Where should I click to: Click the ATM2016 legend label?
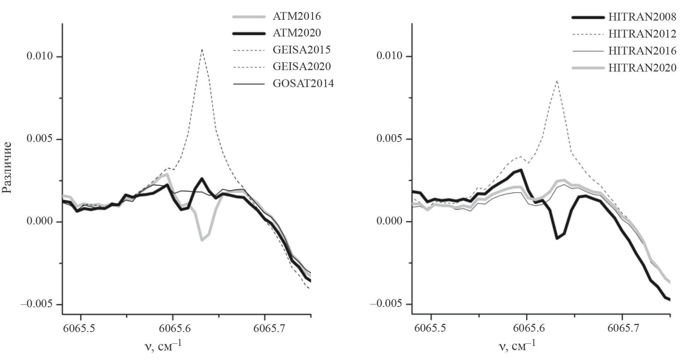296,16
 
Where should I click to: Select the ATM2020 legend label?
296,33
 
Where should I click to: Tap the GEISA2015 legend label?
301,50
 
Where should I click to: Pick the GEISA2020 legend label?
301,66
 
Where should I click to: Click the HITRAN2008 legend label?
642,17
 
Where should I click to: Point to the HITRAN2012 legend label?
642,34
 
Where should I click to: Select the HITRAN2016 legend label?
642,51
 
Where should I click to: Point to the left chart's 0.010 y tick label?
40,57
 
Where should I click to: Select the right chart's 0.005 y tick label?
390,139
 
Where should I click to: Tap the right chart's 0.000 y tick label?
390,222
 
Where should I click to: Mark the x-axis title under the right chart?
517,345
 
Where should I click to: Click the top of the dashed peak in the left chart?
202,50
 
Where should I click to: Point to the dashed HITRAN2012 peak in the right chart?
557,81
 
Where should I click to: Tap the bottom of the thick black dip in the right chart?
557,238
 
